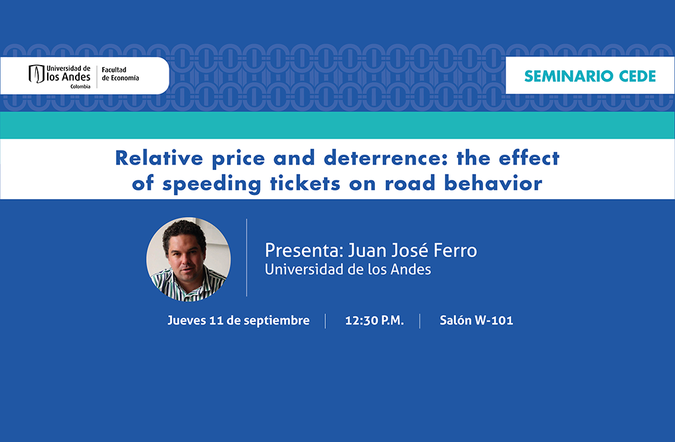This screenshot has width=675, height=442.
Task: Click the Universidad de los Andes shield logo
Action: [36, 74]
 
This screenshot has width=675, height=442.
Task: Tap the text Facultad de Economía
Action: [120, 74]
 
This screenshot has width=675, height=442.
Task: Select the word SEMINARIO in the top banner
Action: [568, 76]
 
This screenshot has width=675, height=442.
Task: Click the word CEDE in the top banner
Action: [638, 76]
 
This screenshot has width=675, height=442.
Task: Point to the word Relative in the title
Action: [159, 158]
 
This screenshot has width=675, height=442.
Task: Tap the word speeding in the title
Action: [211, 184]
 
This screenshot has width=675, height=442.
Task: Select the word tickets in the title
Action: [305, 183]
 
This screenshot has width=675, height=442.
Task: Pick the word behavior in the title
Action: [493, 183]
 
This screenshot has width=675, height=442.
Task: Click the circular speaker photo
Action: [188, 259]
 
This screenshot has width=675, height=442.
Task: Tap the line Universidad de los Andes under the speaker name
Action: [348, 269]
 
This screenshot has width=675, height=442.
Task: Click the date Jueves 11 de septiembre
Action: [238, 321]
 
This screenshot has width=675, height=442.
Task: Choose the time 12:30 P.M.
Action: [374, 321]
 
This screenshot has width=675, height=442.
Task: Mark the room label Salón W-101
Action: [476, 321]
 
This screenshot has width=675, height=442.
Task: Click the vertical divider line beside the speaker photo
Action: [247, 258]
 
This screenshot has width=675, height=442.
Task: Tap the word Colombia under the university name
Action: [80, 86]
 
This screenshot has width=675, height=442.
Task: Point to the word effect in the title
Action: [529, 158]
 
